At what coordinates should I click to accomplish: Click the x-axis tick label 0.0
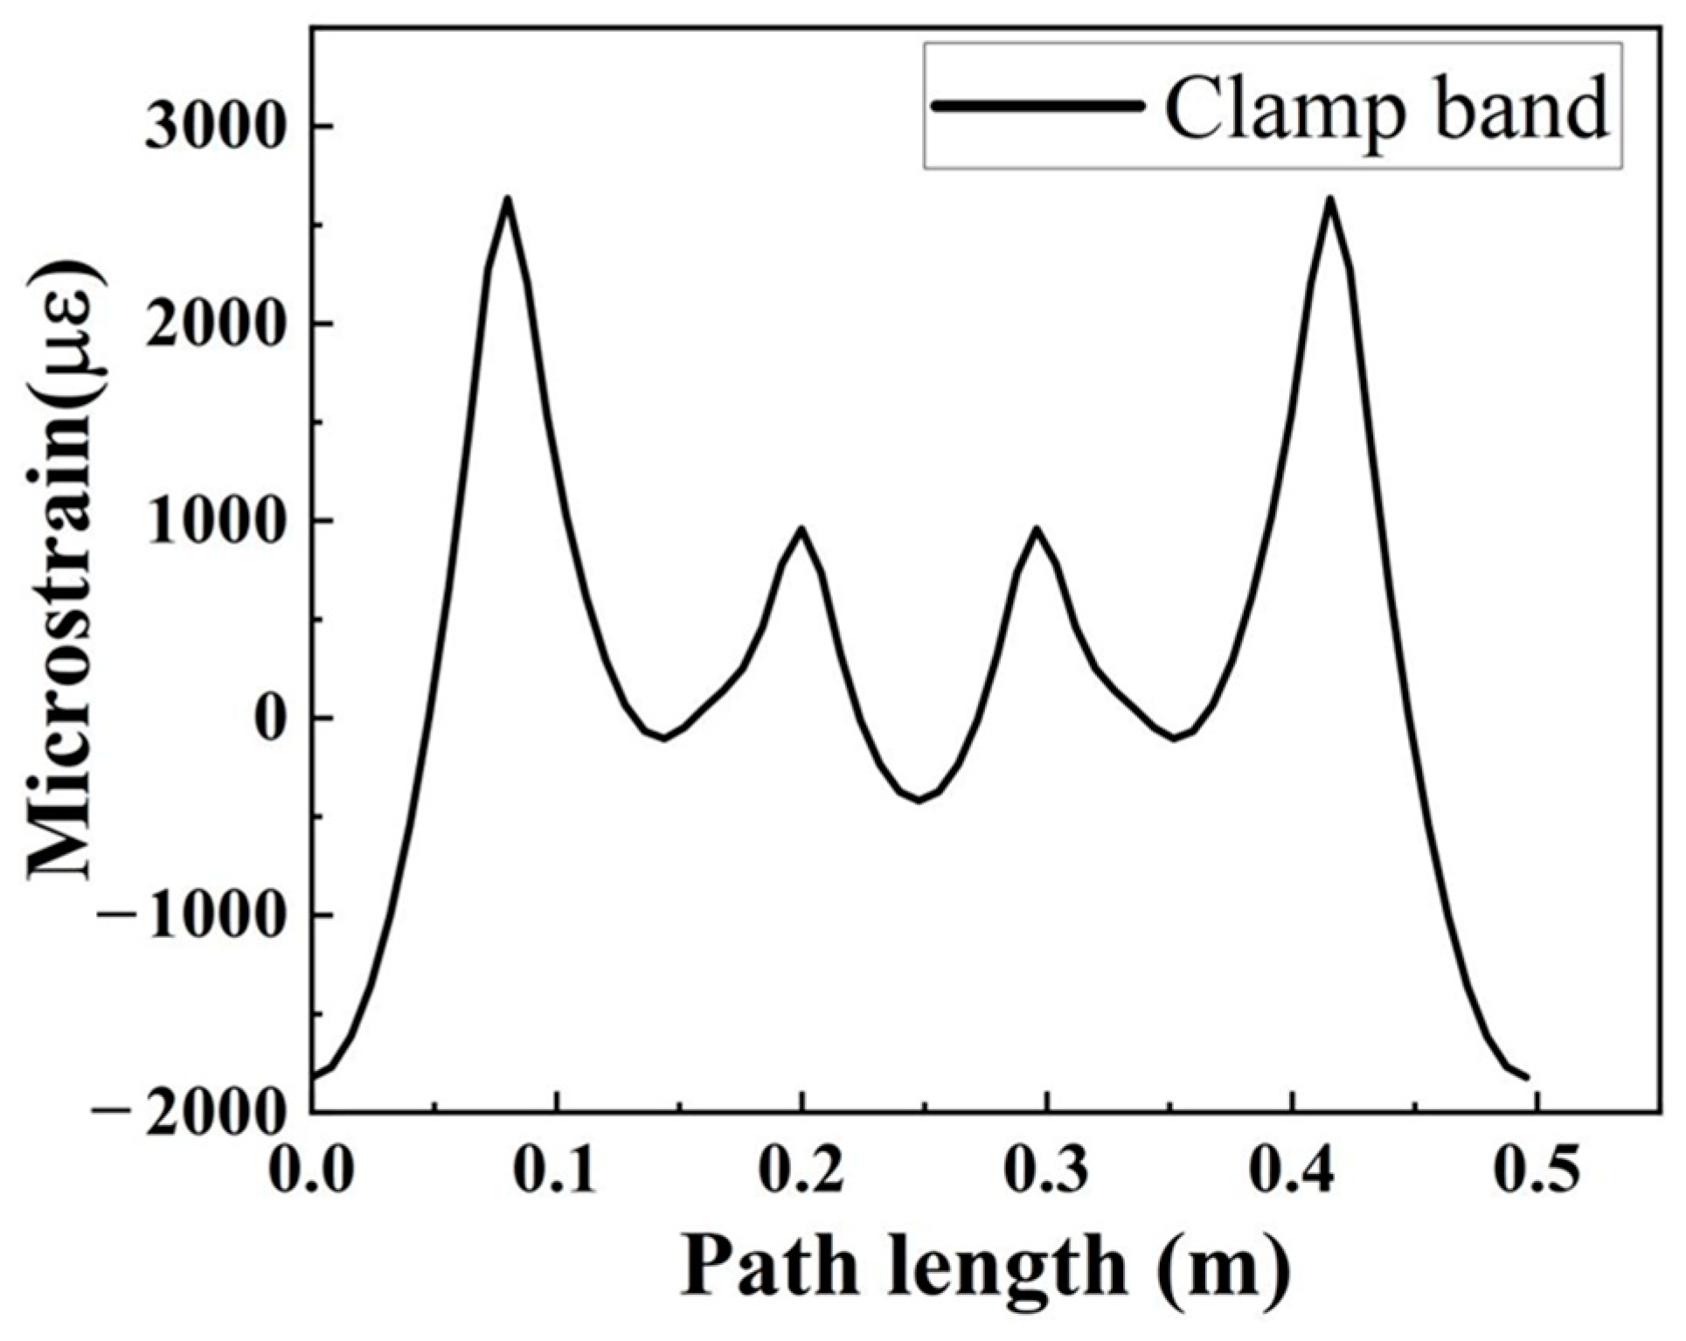311,1169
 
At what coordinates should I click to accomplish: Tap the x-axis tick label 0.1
556,1169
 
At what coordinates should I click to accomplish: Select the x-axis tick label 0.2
801,1169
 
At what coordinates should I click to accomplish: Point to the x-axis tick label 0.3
1046,1169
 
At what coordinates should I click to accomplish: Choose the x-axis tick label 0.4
1291,1169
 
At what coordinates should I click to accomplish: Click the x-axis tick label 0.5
1537,1169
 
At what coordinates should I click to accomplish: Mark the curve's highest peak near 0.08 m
507,200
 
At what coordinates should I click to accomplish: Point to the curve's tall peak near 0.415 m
1329,200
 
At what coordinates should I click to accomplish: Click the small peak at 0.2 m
801,529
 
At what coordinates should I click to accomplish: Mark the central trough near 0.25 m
918,800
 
